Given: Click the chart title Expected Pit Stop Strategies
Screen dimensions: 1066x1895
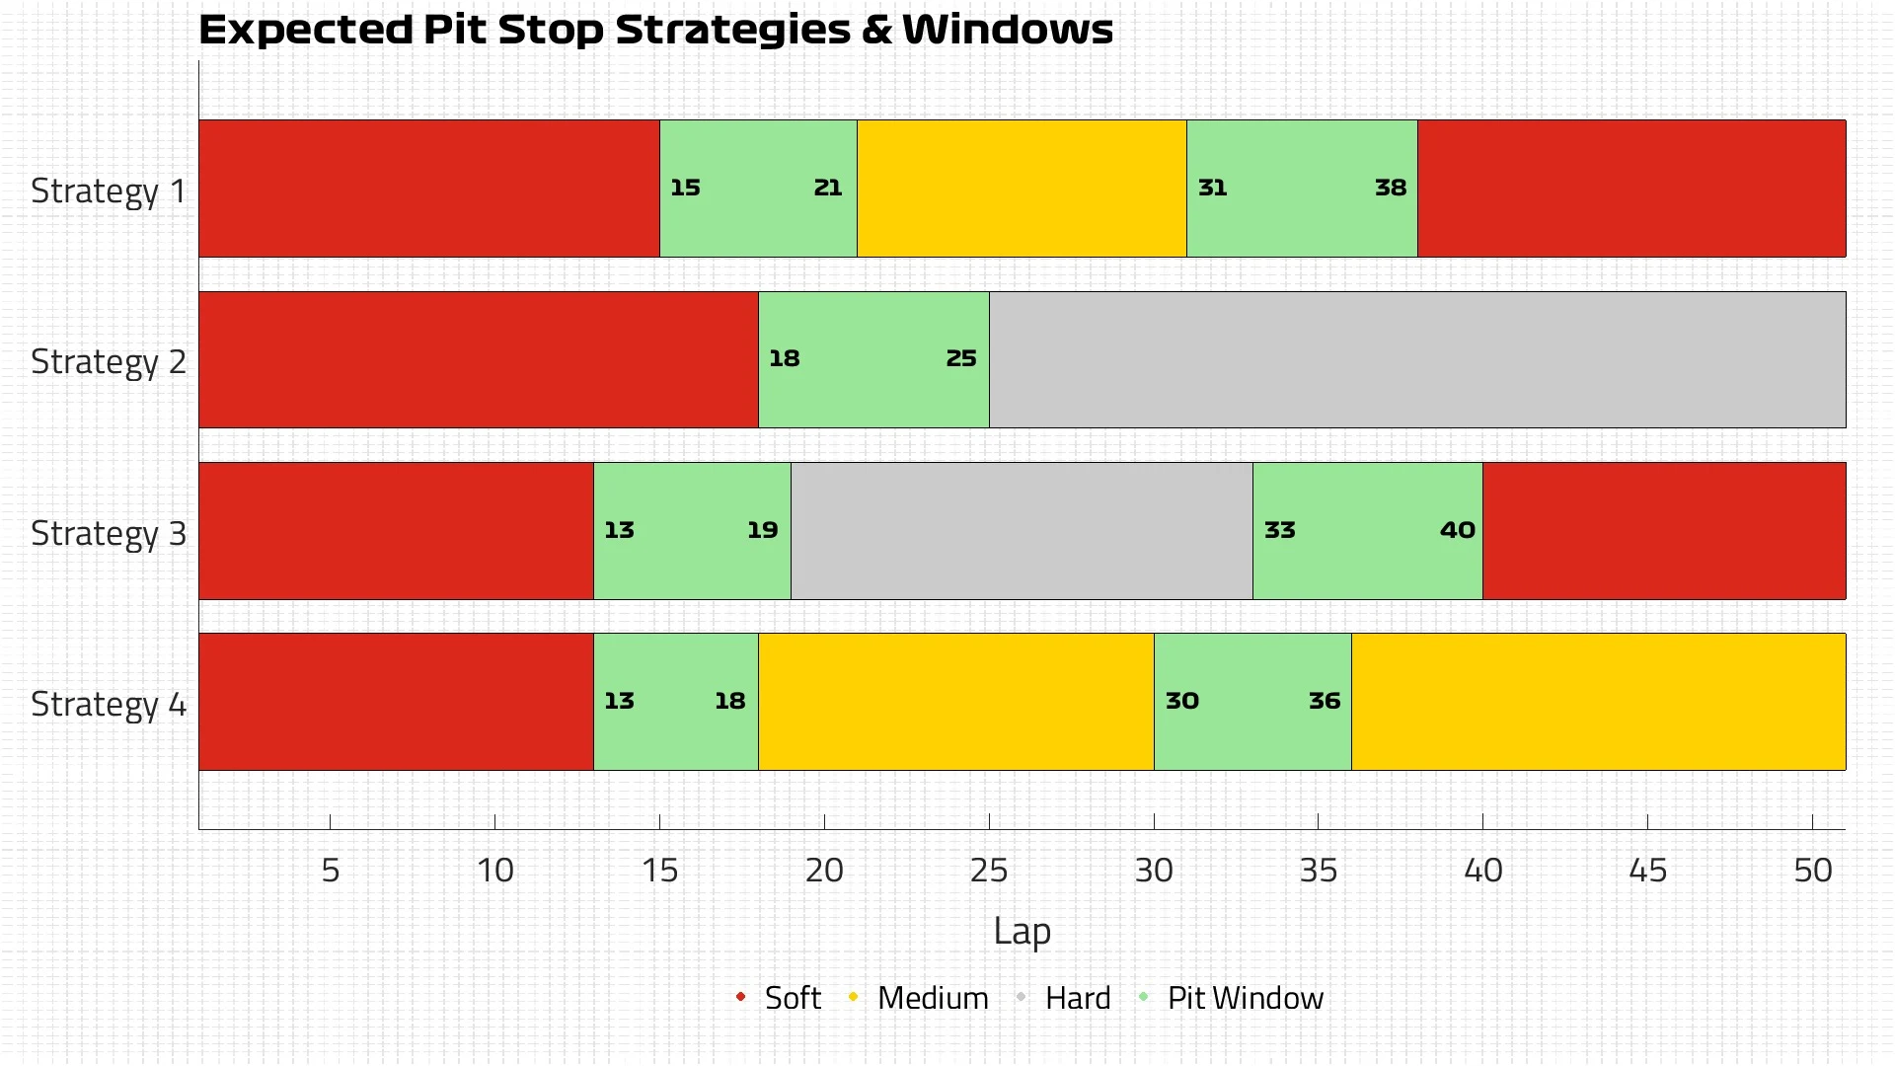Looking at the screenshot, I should tap(655, 30).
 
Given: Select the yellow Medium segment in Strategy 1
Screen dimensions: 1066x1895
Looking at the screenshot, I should tap(1022, 189).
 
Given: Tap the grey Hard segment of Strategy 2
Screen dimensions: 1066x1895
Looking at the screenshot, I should tap(1417, 359).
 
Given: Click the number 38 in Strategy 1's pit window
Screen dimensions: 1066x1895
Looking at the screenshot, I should tap(1390, 188).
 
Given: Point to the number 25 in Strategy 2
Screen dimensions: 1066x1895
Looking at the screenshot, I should tap(960, 358).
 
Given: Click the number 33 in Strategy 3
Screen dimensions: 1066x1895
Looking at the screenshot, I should tap(1279, 530).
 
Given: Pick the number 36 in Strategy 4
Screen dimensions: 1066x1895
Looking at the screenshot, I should tap(1324, 701).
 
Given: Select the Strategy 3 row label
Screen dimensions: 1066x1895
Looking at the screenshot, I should tap(109, 533).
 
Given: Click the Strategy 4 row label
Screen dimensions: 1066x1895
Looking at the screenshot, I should tap(109, 704).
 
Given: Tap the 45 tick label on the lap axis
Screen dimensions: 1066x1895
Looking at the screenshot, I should tap(1647, 871).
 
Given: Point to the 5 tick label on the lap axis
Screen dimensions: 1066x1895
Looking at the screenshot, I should tap(331, 871).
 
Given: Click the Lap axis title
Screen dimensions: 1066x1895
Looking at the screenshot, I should tap(1022, 932).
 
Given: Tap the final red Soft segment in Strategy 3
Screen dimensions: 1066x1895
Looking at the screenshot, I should tap(1664, 530).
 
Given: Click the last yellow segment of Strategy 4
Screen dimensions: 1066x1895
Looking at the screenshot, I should tap(1598, 701).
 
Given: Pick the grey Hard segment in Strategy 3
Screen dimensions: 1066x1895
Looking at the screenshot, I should tap(1022, 530).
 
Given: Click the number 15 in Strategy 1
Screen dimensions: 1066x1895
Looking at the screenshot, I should tap(685, 188).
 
